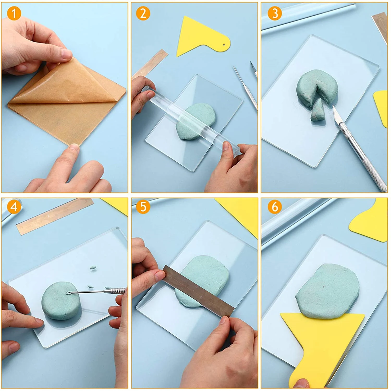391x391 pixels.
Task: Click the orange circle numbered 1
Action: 14,13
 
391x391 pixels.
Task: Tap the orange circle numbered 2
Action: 143,13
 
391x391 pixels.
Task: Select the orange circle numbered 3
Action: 275,13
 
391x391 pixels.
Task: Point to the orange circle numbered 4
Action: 14,207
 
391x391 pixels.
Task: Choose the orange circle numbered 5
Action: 143,207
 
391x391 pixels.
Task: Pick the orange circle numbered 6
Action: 275,207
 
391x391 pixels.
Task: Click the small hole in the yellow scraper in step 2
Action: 224,45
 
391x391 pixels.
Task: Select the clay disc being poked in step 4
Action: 61,300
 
